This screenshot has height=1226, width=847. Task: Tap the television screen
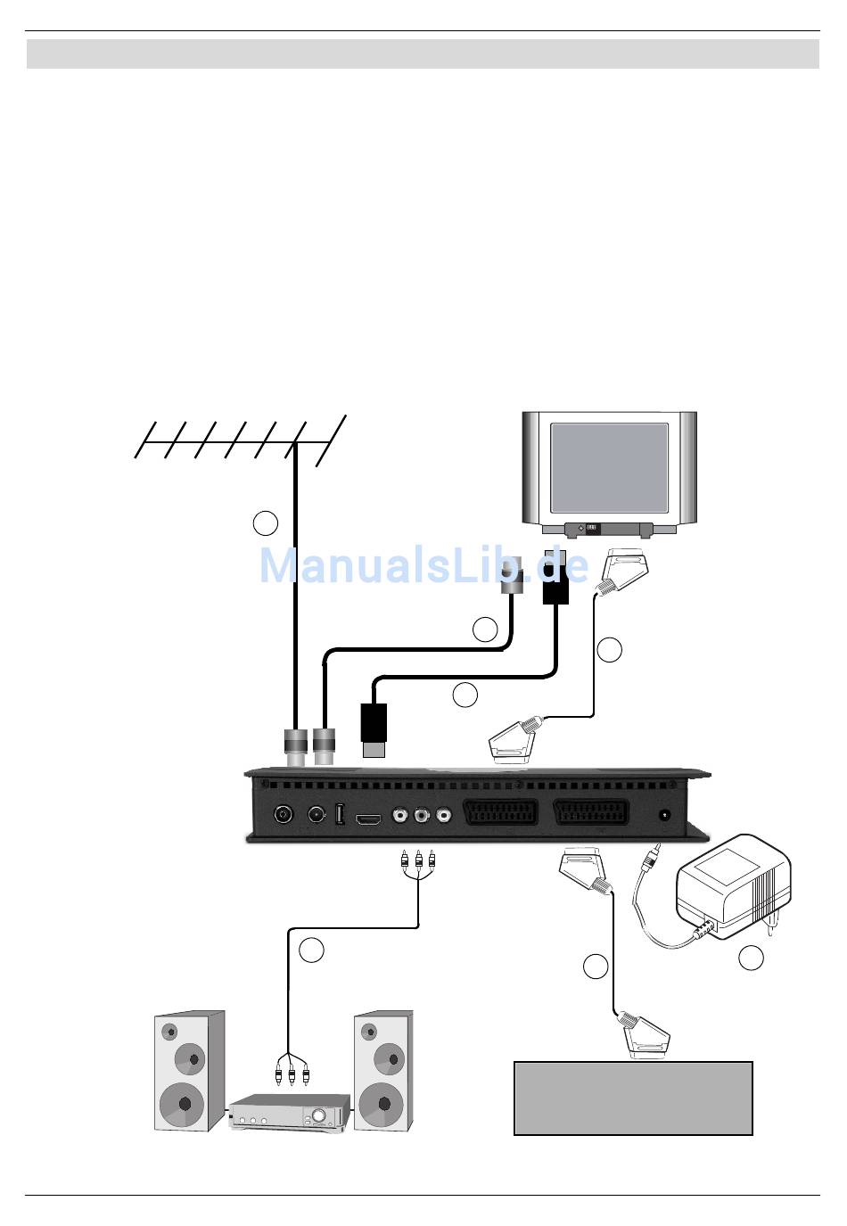(609, 467)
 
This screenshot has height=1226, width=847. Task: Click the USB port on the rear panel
(340, 815)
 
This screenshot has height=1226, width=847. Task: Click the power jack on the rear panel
(663, 815)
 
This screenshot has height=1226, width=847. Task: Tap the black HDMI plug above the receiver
(374, 729)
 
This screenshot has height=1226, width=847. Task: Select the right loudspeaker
(383, 1070)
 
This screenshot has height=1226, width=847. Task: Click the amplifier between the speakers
(286, 1114)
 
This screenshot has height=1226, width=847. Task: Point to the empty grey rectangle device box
(633, 1098)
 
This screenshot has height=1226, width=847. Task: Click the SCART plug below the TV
(623, 570)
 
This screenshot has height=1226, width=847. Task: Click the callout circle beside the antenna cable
(265, 523)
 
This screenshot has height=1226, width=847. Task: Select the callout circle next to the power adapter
(751, 959)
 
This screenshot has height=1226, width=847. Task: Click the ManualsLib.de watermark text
(423, 565)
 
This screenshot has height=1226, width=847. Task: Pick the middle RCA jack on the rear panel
(420, 815)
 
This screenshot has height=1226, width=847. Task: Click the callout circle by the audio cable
(311, 950)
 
